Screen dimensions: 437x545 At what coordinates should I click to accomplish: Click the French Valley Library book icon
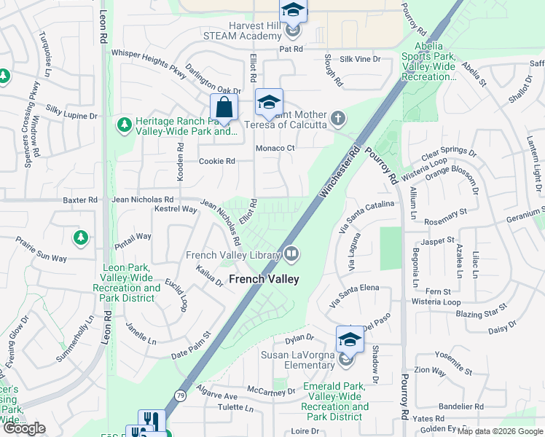(x=291, y=254)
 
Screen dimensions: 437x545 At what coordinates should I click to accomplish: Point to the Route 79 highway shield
(x=179, y=395)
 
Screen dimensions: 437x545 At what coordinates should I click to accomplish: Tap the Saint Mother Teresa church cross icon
(x=337, y=118)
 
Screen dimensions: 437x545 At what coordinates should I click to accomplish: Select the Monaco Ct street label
(x=275, y=149)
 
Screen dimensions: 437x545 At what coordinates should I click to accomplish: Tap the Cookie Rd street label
(x=217, y=161)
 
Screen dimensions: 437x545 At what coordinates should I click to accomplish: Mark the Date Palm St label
(x=190, y=345)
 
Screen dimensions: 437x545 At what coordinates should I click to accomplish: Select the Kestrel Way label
(x=176, y=210)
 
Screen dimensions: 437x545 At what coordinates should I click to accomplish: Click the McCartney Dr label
(x=271, y=391)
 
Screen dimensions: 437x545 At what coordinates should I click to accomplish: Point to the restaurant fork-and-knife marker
(x=152, y=421)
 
